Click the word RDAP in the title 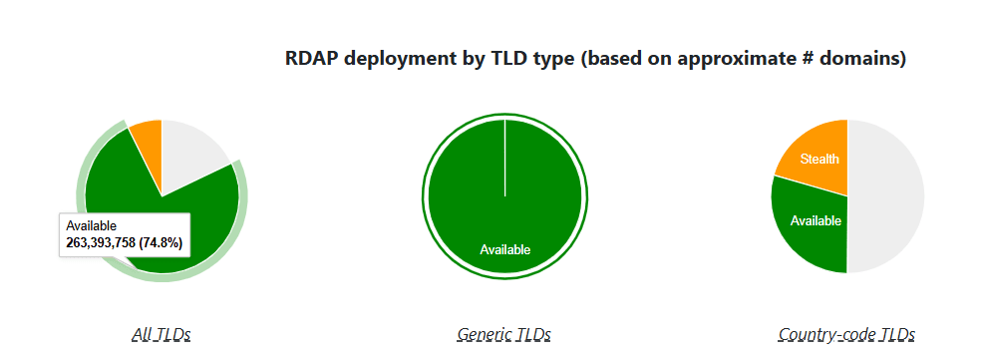311,59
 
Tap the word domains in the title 863,59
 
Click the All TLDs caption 161,334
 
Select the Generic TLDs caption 503,334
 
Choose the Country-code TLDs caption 846,334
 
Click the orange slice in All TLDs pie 148,138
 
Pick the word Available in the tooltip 91,226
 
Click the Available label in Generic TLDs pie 504,249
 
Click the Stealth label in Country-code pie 819,159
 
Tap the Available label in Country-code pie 816,220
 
